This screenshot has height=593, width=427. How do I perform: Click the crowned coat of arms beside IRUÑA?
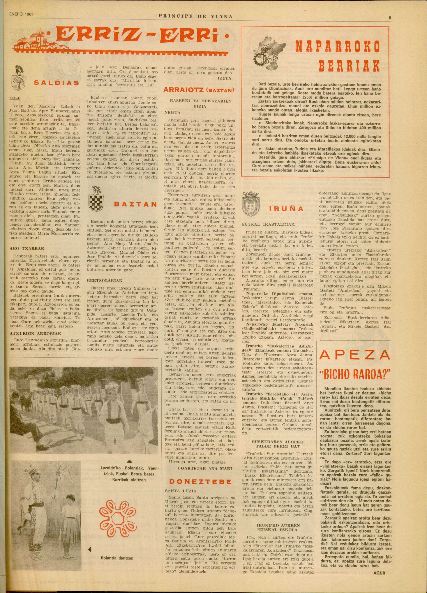click(x=251, y=203)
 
